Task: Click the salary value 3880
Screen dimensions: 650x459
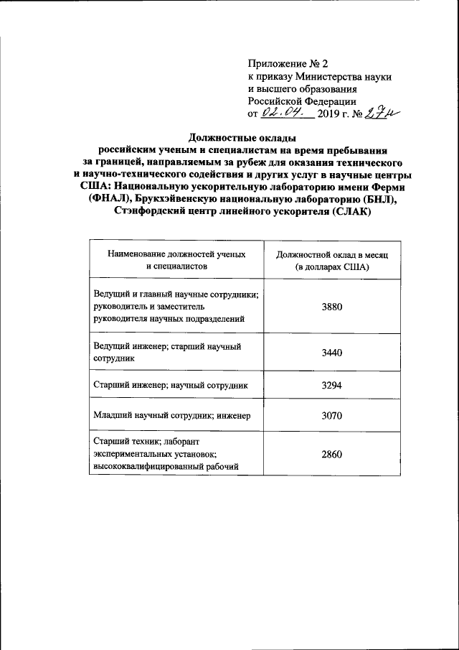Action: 333,307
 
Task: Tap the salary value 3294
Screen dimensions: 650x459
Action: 333,386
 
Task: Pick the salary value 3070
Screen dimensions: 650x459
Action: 333,415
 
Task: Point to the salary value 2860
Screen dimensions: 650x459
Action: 333,455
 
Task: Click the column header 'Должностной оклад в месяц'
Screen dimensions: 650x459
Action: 333,255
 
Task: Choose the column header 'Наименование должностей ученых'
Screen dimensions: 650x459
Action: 176,254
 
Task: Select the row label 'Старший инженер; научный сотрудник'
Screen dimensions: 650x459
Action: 170,386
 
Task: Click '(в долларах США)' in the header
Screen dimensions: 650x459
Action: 333,266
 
